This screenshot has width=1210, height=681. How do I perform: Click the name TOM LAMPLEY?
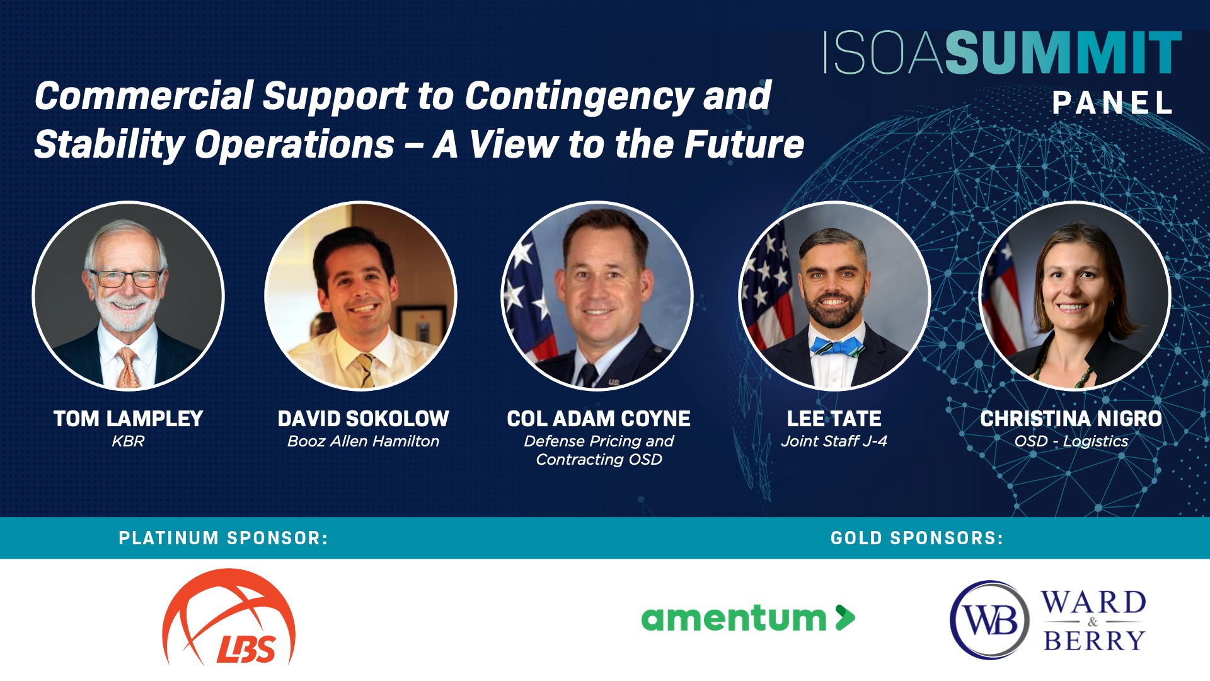[x=128, y=419]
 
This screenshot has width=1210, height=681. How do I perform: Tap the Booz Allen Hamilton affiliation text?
[x=363, y=441]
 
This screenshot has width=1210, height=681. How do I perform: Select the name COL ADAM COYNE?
[x=599, y=419]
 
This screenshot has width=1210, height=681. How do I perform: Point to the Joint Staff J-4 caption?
[x=834, y=441]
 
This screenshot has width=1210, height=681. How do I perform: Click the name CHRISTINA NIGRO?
[x=1071, y=419]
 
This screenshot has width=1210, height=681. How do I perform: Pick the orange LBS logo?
[x=229, y=617]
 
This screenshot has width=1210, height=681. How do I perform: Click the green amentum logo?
[x=748, y=618]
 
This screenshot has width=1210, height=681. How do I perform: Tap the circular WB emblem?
[x=990, y=620]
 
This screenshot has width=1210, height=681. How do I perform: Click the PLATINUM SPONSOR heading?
[x=223, y=538]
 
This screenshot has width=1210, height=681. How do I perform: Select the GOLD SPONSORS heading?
[x=917, y=538]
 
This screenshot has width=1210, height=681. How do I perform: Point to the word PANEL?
[x=1112, y=103]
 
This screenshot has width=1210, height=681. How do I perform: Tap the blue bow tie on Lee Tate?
[x=836, y=346]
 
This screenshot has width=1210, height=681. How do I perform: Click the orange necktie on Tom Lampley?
[x=128, y=366]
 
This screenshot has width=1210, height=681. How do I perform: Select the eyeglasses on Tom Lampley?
[x=126, y=277]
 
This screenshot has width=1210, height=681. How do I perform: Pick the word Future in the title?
[x=744, y=144]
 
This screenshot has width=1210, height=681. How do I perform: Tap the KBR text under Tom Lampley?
[x=128, y=441]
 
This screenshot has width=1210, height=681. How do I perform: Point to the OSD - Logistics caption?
[x=1071, y=441]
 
